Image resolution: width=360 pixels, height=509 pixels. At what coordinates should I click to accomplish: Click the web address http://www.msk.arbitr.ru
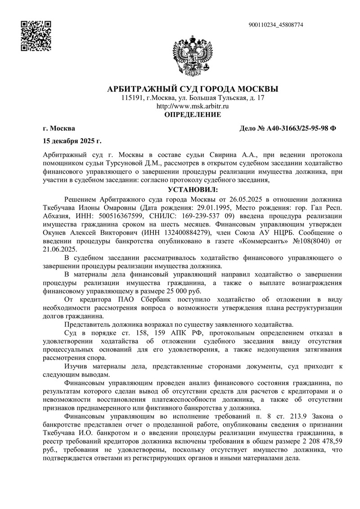[x=193, y=106]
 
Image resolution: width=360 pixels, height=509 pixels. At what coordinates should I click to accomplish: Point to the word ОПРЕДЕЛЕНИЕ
[x=193, y=115]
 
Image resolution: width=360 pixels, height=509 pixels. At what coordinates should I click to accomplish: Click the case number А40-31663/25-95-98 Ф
[x=288, y=129]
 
